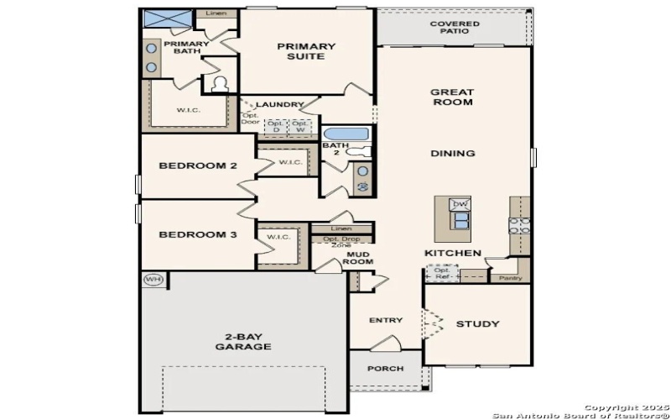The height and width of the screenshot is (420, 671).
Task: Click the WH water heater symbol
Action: pyautogui.click(x=152, y=280)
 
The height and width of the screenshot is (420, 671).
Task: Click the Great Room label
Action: pyautogui.click(x=452, y=97)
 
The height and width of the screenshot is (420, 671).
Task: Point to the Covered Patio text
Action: pyautogui.click(x=455, y=29)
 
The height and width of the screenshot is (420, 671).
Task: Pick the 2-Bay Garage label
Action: pyautogui.click(x=242, y=341)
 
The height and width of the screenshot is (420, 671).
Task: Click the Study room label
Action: pyautogui.click(x=477, y=323)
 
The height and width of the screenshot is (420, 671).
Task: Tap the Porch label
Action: pyautogui.click(x=385, y=369)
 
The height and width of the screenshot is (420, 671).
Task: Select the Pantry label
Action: pyautogui.click(x=510, y=277)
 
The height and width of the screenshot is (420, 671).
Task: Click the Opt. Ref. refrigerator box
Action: pyautogui.click(x=442, y=273)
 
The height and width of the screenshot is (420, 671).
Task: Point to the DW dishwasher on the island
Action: pyautogui.click(x=459, y=205)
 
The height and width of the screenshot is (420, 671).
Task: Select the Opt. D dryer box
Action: pyautogui.click(x=275, y=127)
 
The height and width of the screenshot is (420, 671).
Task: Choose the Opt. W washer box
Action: pyautogui.click(x=299, y=127)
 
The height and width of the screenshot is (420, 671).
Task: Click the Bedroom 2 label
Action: pyautogui.click(x=198, y=165)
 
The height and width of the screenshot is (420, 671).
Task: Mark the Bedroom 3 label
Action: pyautogui.click(x=198, y=234)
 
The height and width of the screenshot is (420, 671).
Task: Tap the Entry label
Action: pyautogui.click(x=385, y=320)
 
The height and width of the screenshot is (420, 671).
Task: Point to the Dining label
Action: pyautogui.click(x=452, y=154)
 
